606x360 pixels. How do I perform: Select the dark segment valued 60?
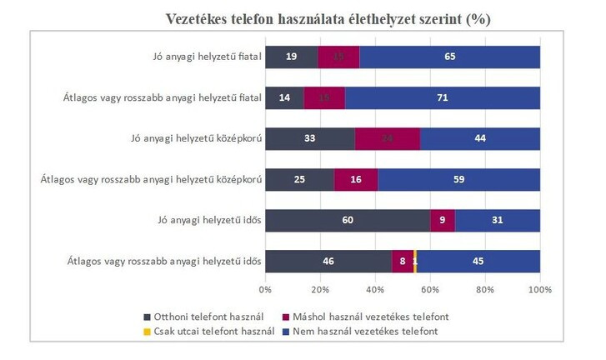tap(348, 220)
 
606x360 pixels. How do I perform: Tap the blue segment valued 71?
tap(443, 97)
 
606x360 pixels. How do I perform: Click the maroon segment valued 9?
tap(443, 220)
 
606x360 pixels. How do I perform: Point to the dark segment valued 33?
tap(310, 138)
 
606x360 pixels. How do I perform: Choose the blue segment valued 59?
tap(458, 179)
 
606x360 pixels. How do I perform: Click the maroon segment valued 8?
tap(403, 261)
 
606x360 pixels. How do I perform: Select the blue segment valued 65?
tap(450, 57)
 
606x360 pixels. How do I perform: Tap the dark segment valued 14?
tap(284, 97)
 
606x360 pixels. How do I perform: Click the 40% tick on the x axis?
tap(375, 289)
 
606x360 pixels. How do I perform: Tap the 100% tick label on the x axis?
tap(540, 289)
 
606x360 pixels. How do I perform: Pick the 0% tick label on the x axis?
tap(265, 289)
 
